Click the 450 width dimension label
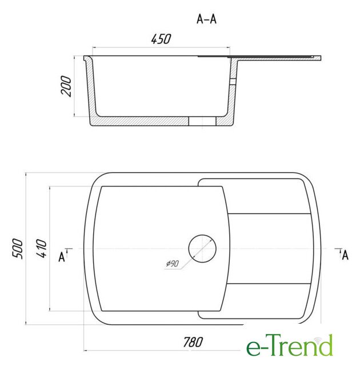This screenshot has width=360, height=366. click(161, 39)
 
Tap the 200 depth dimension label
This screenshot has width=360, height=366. click(66, 86)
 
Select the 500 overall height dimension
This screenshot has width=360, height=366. click(18, 249)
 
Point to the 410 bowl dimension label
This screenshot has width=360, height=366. click(42, 248)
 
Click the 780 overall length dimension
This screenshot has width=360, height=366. click(193, 342)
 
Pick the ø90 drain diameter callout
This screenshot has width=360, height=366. click(173, 264)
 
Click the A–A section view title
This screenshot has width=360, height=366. click(207, 19)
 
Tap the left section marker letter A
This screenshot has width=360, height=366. click(62, 257)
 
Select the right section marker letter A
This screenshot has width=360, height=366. click(345, 255)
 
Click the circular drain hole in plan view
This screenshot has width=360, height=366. click(202, 249)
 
